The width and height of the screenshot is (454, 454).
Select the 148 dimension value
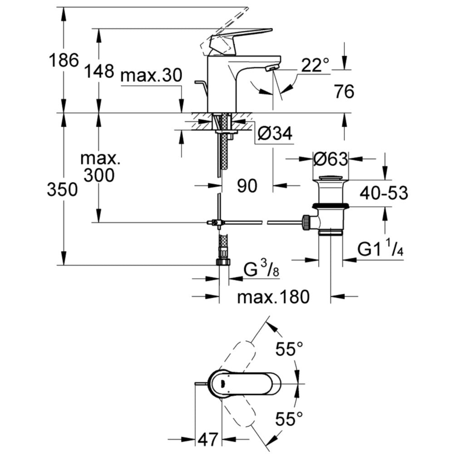click(x=99, y=71)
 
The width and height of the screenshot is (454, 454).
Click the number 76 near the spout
click(x=343, y=92)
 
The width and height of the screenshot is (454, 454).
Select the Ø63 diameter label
click(x=331, y=159)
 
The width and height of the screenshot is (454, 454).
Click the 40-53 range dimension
click(x=384, y=193)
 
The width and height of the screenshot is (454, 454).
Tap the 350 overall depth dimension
click(x=62, y=190)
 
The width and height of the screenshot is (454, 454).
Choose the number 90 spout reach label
click(x=247, y=185)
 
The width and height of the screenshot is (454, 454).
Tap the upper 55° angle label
click(x=290, y=350)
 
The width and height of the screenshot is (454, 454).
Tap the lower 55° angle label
click(x=289, y=418)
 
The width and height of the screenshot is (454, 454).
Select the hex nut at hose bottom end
click(x=224, y=262)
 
